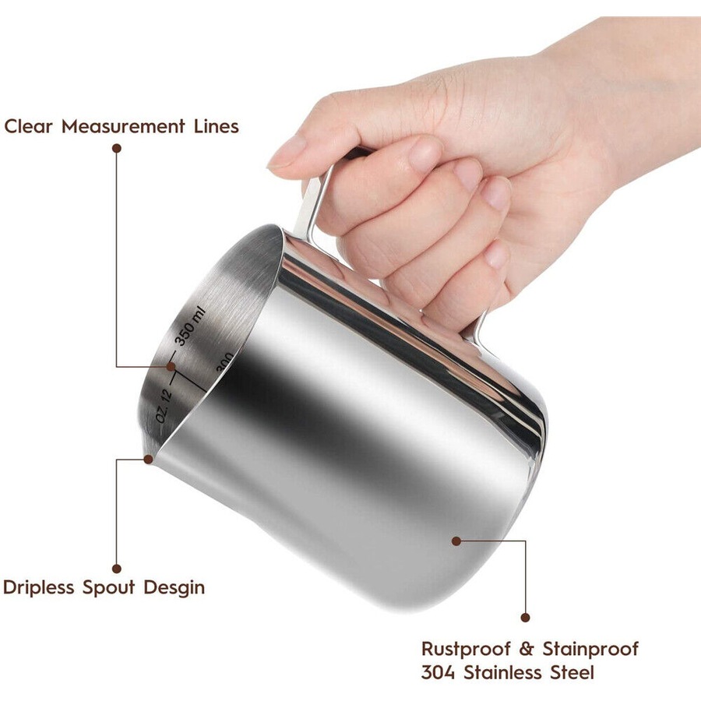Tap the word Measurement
tap(123, 126)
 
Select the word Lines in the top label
tap(216, 126)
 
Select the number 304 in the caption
tap(439, 672)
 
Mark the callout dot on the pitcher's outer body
tap(456, 539)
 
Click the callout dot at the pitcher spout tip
tap(149, 459)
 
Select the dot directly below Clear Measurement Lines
tap(117, 146)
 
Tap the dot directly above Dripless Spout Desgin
tap(117, 569)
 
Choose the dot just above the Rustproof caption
tap(525, 617)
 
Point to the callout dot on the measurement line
tap(171, 365)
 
